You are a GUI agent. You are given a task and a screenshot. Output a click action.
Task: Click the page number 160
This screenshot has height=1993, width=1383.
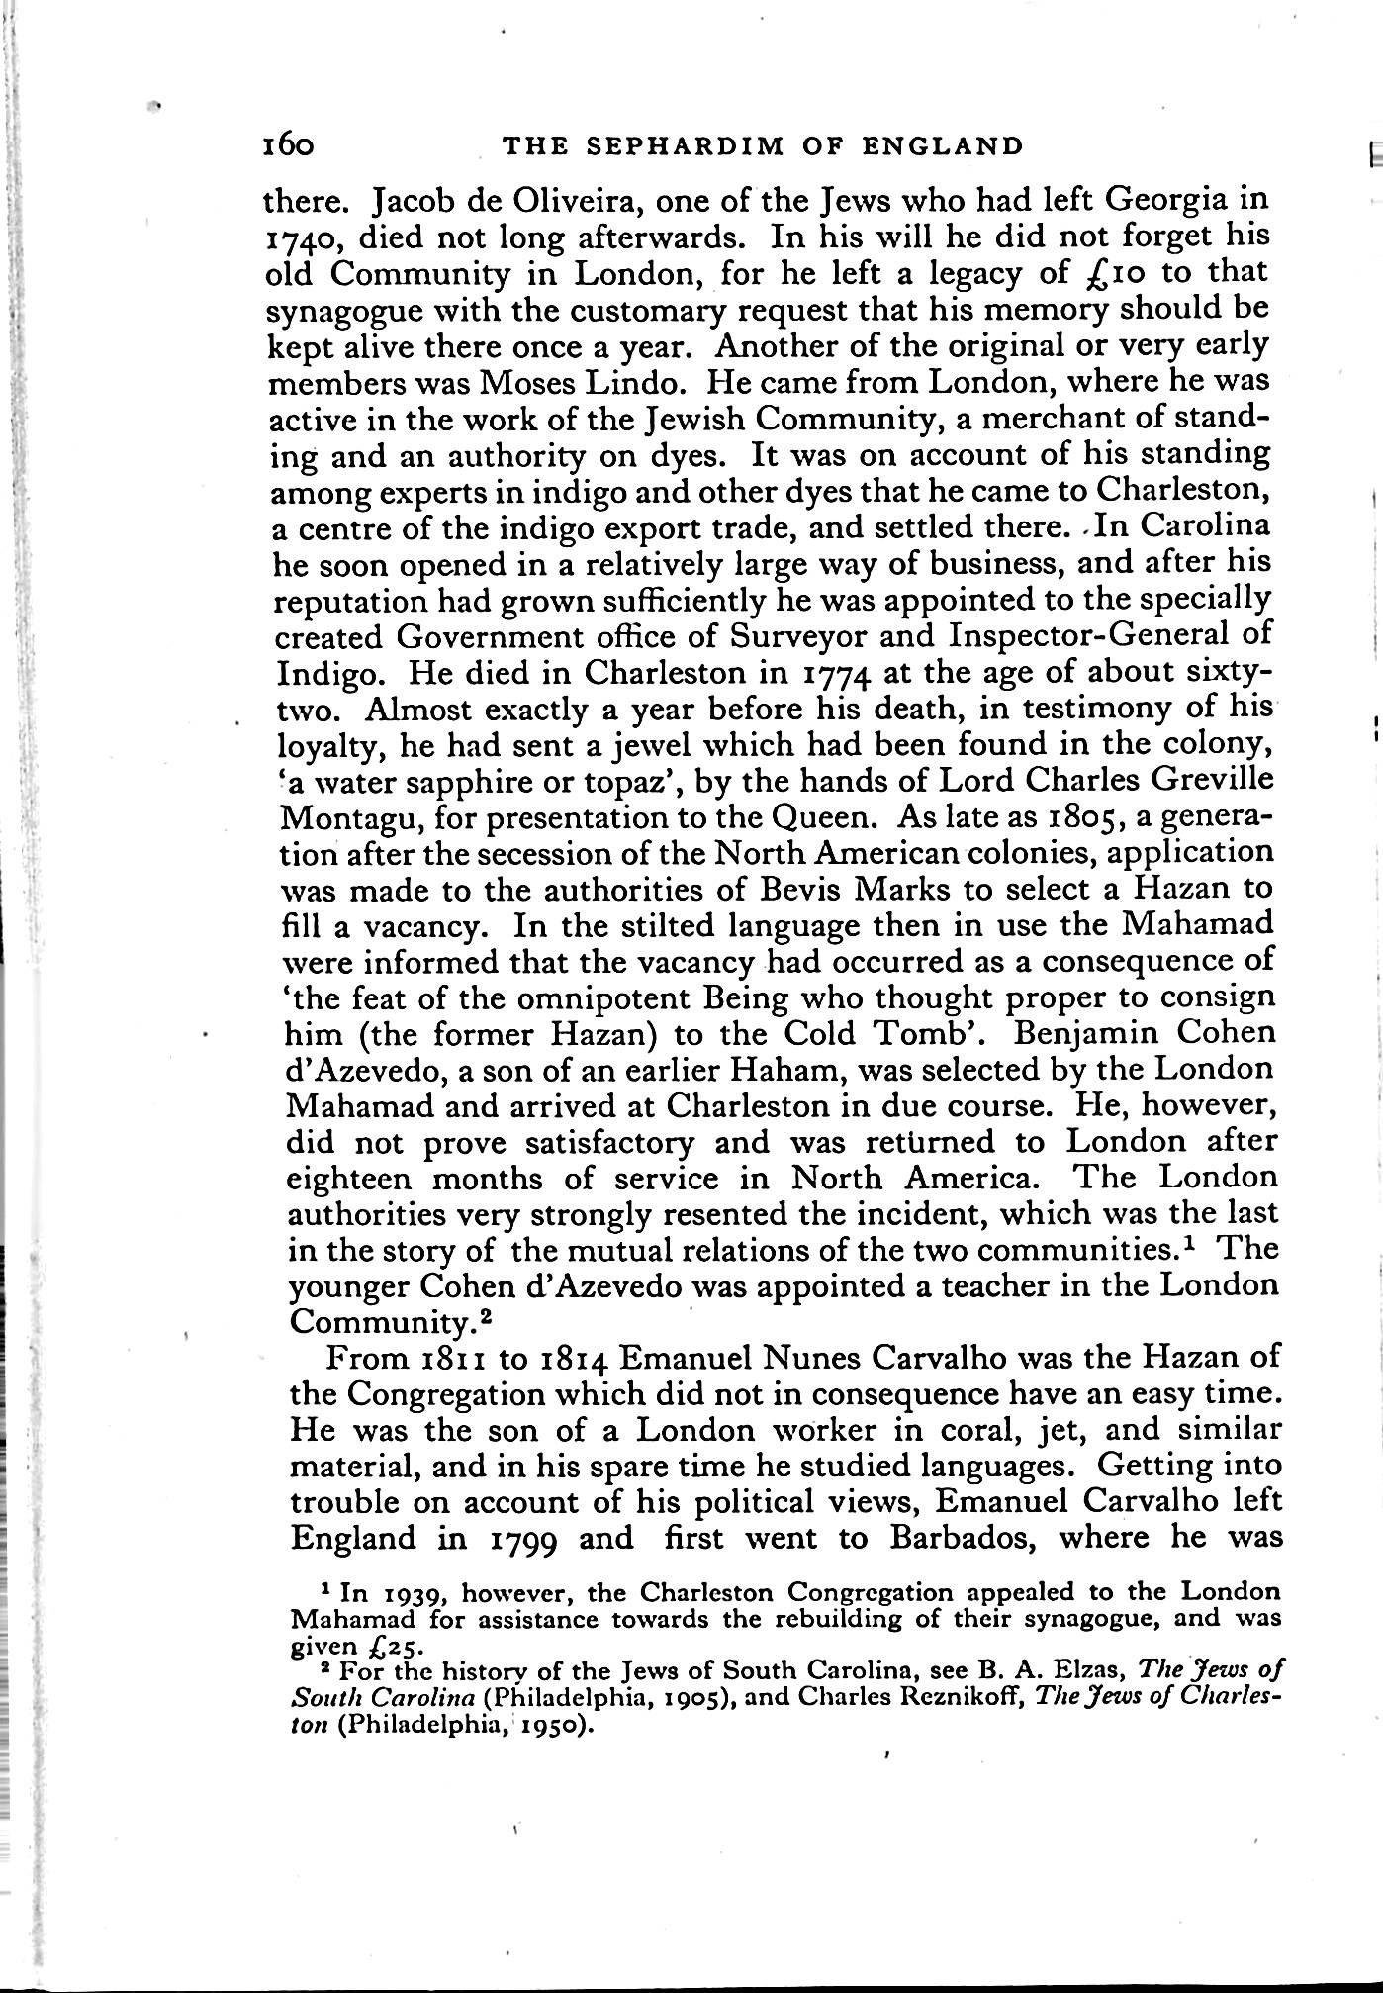[289, 146]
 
